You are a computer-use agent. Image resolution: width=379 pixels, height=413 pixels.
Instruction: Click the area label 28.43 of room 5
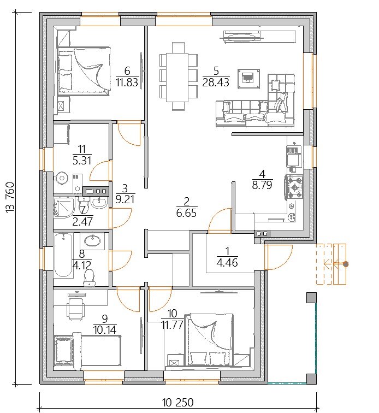(x=216, y=82)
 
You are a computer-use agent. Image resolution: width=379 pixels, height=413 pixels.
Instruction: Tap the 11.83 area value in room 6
(x=127, y=82)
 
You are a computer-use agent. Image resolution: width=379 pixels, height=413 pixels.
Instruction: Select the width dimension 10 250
(x=178, y=403)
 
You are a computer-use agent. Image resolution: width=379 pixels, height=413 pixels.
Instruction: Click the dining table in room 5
(x=177, y=76)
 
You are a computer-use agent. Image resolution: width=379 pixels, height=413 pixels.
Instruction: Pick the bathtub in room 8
(x=63, y=255)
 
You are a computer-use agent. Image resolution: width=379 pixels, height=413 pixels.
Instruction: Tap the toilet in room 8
(x=89, y=278)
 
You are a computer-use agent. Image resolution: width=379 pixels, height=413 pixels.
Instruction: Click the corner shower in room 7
(x=64, y=207)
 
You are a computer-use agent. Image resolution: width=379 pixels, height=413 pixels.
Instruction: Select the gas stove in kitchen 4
(x=294, y=187)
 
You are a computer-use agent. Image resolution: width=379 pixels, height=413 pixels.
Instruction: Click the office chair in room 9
(x=76, y=307)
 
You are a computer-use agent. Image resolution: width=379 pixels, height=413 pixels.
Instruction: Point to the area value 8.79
(x=262, y=185)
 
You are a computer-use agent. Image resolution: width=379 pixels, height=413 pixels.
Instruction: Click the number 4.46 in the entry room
(x=227, y=263)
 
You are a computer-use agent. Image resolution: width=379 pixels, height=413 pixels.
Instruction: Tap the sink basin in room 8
(x=92, y=240)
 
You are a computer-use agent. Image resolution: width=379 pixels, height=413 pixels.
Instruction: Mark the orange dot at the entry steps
(x=346, y=264)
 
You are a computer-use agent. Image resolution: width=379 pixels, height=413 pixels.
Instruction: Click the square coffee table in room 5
(x=248, y=79)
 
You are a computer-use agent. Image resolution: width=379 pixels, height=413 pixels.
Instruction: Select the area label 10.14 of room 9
(x=104, y=329)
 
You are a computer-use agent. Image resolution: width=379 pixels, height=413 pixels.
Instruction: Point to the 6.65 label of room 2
(x=186, y=213)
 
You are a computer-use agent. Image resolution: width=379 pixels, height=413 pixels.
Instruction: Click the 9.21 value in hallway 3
(x=125, y=199)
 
